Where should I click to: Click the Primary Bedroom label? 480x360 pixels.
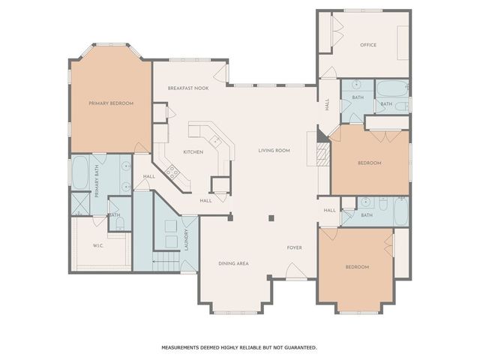[x=111, y=103]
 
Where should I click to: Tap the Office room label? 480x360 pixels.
[x=368, y=45]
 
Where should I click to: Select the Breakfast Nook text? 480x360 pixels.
[x=188, y=88]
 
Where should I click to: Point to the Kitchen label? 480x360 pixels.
[x=193, y=152]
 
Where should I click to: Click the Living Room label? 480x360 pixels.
[x=274, y=151]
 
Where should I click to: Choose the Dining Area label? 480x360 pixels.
[x=233, y=263]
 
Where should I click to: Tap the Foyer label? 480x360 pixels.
[x=295, y=247]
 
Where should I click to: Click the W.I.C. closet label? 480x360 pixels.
[x=98, y=245]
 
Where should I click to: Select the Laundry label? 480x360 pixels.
[x=186, y=240]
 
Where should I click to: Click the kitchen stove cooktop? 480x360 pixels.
[x=172, y=172]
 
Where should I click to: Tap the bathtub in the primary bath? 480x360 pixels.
[x=80, y=172]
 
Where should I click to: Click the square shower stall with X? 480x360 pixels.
[x=80, y=203]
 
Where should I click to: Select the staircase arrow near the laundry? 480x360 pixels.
[x=166, y=262]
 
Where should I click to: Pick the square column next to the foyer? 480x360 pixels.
[x=271, y=218]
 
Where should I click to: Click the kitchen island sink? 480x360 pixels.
[x=215, y=141]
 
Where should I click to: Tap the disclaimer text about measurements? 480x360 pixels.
[x=239, y=347]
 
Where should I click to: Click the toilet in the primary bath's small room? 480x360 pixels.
[x=119, y=223]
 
